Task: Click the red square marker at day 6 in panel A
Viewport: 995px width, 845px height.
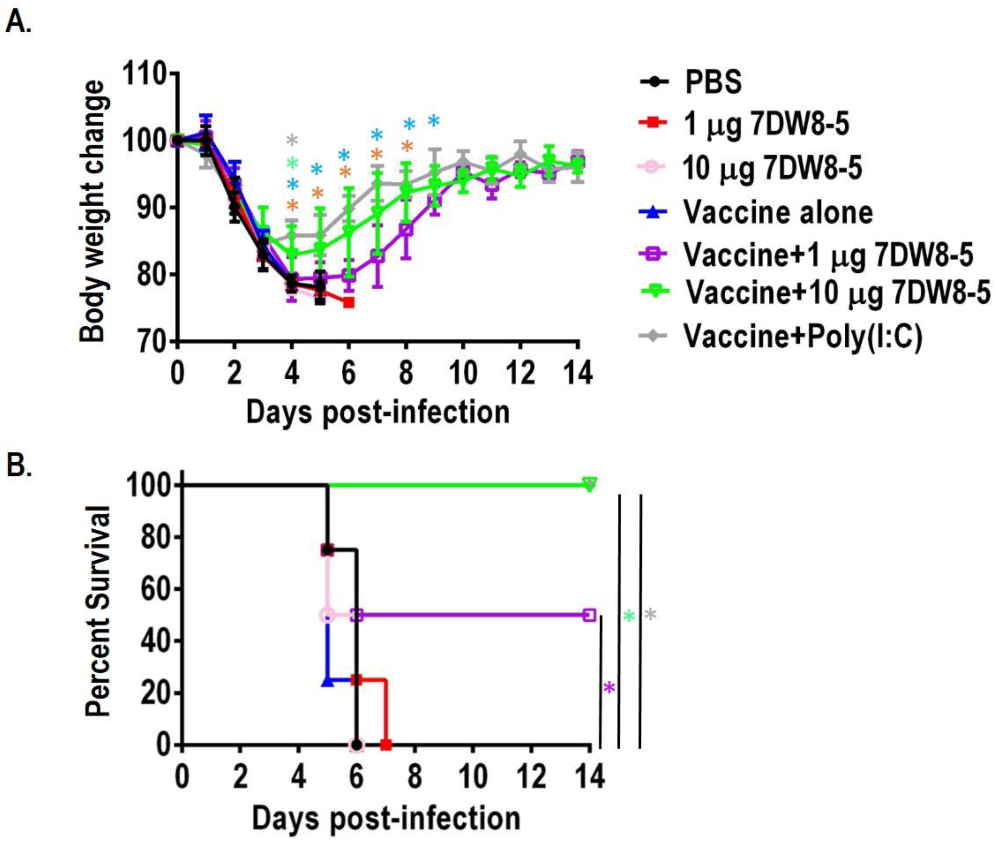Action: (x=349, y=303)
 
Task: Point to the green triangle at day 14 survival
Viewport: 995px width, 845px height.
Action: (x=589, y=484)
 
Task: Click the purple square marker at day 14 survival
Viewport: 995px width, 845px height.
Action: (x=589, y=615)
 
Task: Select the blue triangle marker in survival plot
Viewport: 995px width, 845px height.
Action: (x=328, y=681)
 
